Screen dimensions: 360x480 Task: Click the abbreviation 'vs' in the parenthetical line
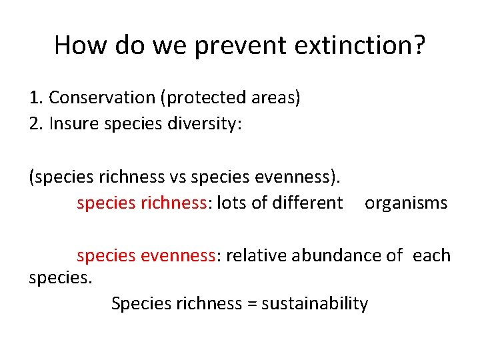(x=178, y=177)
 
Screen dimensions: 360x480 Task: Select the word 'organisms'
(x=406, y=203)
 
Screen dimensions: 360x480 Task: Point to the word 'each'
(x=431, y=255)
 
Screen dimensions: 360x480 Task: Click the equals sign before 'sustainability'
(x=252, y=304)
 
